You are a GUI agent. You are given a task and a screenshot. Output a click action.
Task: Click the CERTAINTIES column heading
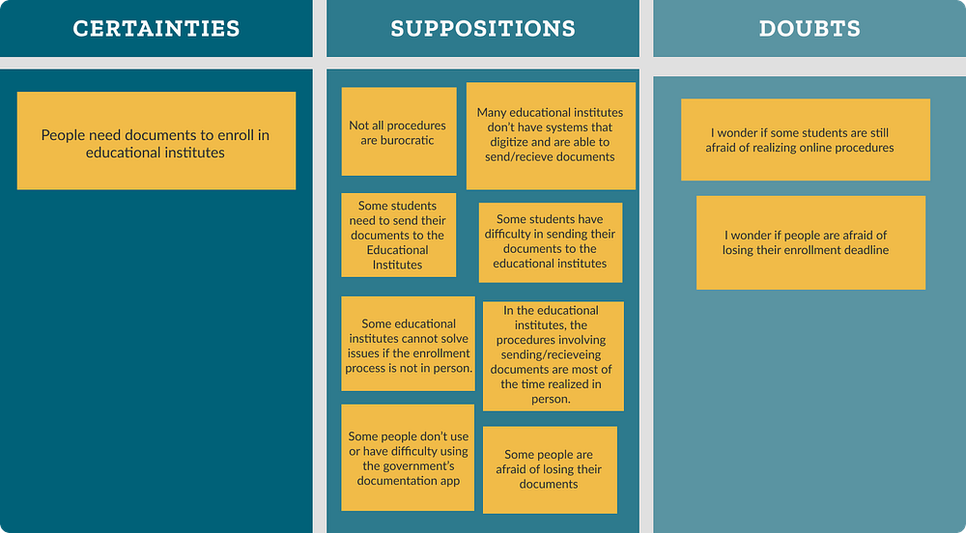tap(156, 28)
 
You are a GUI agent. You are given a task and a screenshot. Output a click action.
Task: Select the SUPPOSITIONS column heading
tap(482, 28)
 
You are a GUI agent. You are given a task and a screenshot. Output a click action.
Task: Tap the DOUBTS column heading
tap(810, 28)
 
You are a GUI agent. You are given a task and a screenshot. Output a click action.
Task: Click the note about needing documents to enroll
tap(156, 143)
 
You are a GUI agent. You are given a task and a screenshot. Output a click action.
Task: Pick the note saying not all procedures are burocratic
tap(398, 132)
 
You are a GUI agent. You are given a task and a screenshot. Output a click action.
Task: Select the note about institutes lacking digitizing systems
tap(551, 135)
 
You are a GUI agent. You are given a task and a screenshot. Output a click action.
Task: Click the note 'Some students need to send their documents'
tap(398, 235)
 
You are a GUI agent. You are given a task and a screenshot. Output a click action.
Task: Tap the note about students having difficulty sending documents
tap(550, 241)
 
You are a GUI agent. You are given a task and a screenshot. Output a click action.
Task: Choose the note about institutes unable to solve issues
tap(409, 346)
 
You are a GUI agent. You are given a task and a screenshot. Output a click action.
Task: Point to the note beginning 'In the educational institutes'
tap(552, 354)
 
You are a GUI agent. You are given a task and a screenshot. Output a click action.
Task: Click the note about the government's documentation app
tap(408, 458)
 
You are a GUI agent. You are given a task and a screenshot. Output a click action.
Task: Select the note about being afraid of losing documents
tap(549, 469)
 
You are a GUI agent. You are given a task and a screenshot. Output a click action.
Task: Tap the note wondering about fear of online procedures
tap(805, 140)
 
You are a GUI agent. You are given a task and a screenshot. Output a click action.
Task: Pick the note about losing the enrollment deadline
tap(810, 242)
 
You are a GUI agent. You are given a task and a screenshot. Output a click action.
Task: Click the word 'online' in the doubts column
tap(820, 148)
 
